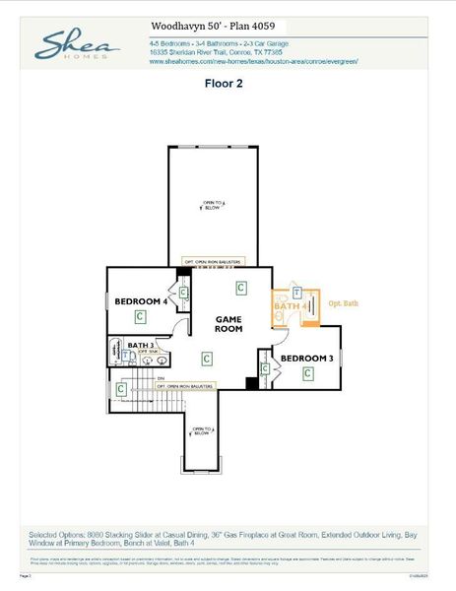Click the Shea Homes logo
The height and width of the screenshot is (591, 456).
[78, 45]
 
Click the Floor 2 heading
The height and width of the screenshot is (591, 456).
[224, 84]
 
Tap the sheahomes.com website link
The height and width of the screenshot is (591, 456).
[253, 61]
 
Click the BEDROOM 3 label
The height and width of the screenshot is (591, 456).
[307, 358]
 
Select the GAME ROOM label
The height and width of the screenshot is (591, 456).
[228, 324]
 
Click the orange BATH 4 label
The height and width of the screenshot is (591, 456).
[293, 306]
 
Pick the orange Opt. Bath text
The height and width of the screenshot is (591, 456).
[343, 303]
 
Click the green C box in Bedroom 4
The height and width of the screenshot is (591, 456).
[141, 316]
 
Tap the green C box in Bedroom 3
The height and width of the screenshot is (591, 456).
[307, 373]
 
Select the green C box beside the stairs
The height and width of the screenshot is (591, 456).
[121, 389]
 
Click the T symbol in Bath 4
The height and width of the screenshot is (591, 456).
[295, 293]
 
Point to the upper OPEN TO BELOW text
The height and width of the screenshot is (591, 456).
[213, 206]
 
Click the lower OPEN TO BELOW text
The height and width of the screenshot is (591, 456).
[202, 429]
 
